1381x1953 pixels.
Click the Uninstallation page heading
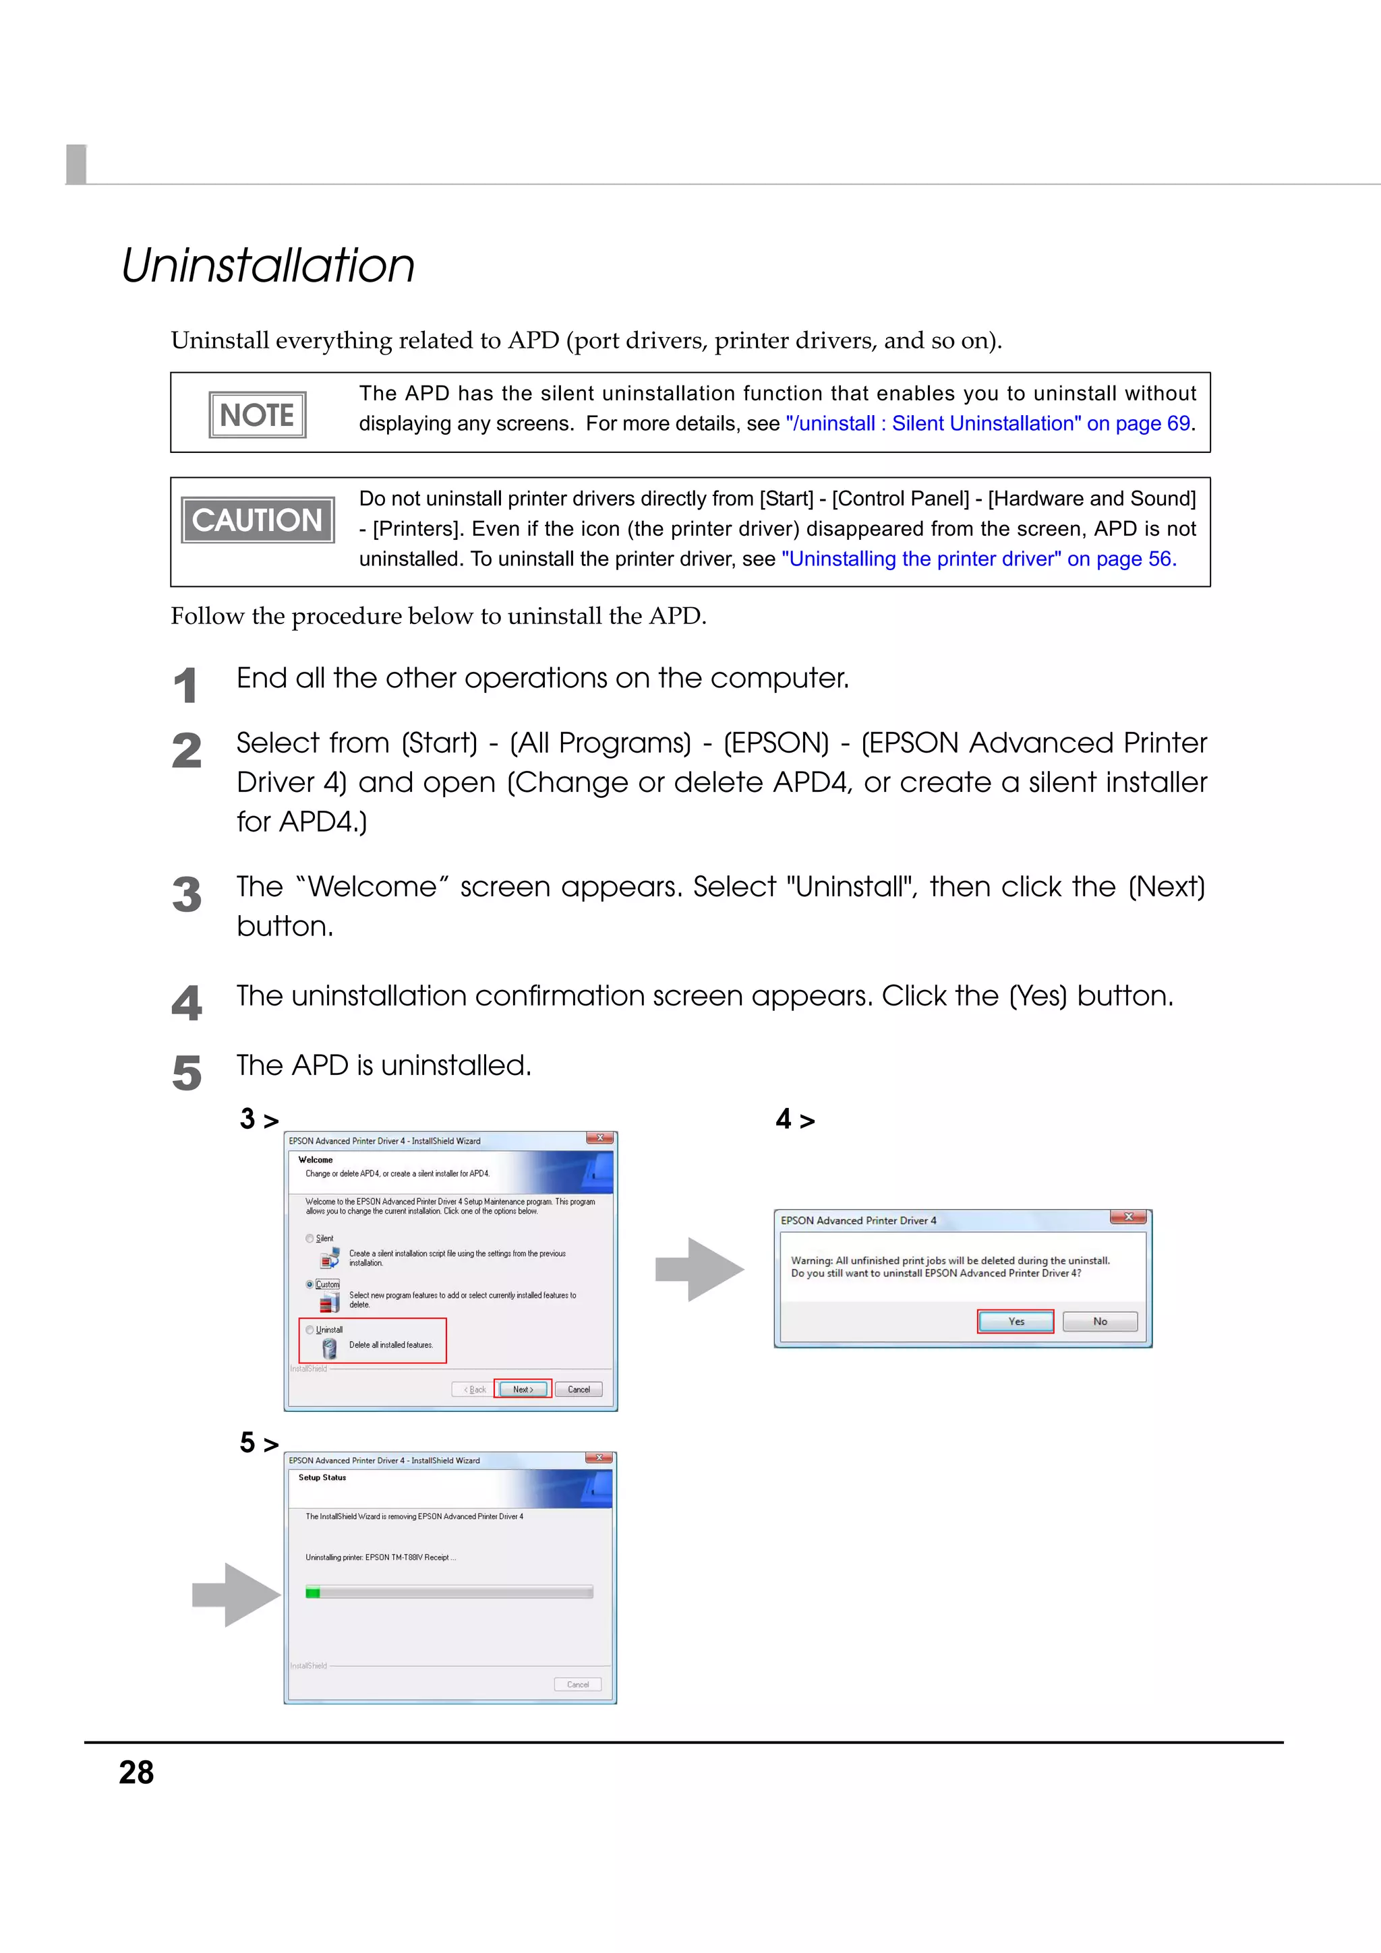point(267,266)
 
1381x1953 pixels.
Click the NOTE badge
point(257,415)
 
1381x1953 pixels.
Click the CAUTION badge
point(257,520)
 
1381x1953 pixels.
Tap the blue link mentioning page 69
point(987,424)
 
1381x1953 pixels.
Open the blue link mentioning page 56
point(978,559)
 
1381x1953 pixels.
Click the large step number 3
point(186,896)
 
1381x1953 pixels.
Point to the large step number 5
point(186,1073)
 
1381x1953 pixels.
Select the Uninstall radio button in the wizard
point(310,1330)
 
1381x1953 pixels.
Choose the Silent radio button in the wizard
point(310,1239)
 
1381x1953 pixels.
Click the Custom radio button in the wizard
point(310,1284)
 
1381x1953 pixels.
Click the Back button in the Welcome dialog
point(475,1389)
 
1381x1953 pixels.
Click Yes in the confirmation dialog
point(1015,1321)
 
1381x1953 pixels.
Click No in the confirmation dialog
point(1099,1321)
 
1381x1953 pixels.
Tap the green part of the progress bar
point(312,1592)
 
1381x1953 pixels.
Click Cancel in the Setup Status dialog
point(578,1684)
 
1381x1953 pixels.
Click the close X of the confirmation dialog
point(1128,1217)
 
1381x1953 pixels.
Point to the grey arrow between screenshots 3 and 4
point(699,1269)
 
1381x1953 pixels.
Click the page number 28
point(136,1772)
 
